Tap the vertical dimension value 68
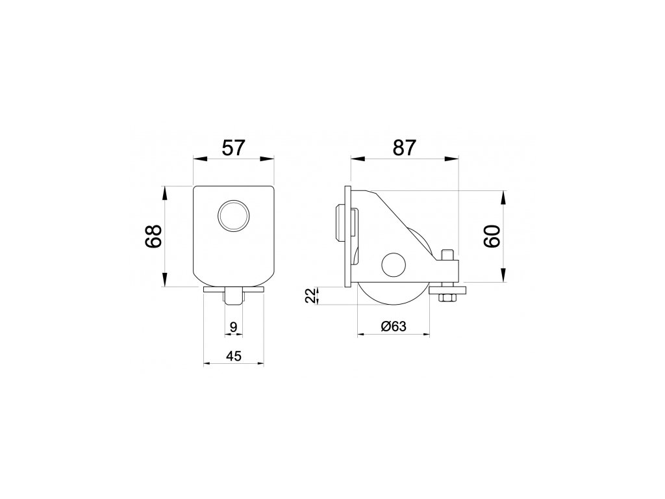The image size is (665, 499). pyautogui.click(x=153, y=237)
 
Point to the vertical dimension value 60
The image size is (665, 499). pyautogui.click(x=492, y=237)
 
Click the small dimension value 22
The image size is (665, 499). pyautogui.click(x=311, y=296)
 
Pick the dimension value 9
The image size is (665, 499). pyautogui.click(x=233, y=327)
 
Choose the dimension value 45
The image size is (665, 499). pyautogui.click(x=233, y=356)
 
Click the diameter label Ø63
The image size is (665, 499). pyautogui.click(x=394, y=326)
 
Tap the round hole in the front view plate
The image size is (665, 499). pyautogui.click(x=233, y=216)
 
